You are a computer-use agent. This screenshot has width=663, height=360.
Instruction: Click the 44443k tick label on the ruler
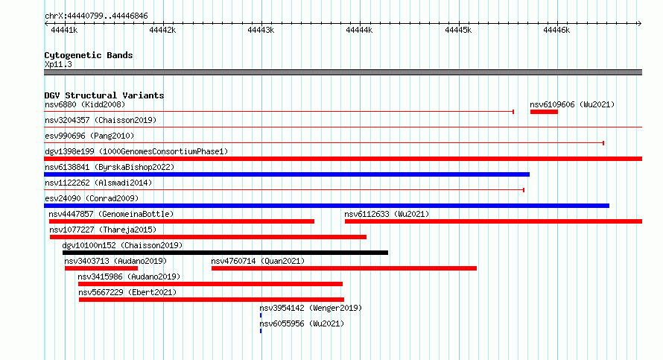tap(261, 30)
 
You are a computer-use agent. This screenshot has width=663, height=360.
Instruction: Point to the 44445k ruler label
tap(458, 30)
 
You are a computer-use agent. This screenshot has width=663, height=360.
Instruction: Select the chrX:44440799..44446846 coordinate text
tap(96, 16)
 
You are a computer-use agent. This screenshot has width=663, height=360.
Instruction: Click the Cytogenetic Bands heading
tap(89, 55)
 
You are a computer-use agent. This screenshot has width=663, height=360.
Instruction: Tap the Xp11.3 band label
tap(58, 64)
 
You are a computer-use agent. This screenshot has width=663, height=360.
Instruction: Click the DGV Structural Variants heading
tap(104, 95)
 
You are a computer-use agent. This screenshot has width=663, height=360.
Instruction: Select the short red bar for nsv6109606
tap(544, 112)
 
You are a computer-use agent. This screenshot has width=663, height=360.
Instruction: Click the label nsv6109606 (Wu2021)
tap(572, 104)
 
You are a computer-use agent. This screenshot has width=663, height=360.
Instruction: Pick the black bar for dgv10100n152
tap(226, 253)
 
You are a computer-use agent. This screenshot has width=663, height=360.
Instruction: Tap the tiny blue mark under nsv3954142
tap(261, 315)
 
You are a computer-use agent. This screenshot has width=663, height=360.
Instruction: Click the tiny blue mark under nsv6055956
tap(261, 331)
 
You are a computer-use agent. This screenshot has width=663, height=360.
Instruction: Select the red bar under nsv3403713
tap(101, 268)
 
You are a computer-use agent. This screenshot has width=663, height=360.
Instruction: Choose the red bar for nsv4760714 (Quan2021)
tap(344, 268)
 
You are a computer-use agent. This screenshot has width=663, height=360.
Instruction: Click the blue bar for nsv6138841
tap(287, 174)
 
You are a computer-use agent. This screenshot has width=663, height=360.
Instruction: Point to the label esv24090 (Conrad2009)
tap(92, 198)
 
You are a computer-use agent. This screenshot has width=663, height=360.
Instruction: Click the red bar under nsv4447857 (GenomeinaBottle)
tap(182, 221)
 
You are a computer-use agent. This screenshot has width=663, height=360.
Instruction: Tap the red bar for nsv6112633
tap(493, 221)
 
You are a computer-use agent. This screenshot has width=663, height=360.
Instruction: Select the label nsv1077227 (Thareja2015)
tap(103, 230)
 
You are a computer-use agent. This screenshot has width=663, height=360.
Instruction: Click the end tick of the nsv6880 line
tap(513, 112)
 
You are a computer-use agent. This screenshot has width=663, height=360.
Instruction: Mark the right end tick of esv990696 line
tap(603, 143)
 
